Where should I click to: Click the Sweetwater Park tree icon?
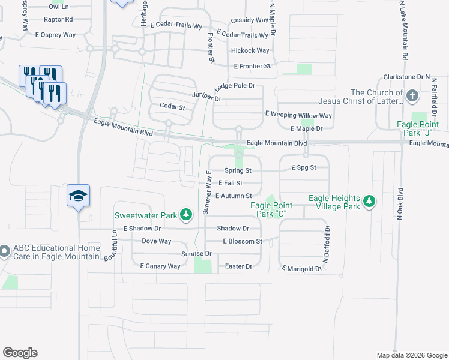click(187, 214)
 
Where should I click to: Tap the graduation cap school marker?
click(79, 196)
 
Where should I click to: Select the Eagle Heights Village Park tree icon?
click(370, 200)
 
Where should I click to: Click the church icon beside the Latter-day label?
click(412, 95)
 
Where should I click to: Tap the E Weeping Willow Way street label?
click(298, 115)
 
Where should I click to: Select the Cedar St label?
click(172, 106)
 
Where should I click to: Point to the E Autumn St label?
click(233, 196)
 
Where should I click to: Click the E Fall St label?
click(231, 183)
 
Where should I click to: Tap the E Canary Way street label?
click(160, 266)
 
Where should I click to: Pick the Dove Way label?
click(157, 241)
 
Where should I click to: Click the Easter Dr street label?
click(238, 266)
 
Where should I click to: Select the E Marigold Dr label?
click(302, 269)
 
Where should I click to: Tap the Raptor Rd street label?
click(58, 19)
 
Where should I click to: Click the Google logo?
click(20, 353)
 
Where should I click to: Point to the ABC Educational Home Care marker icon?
click(4, 252)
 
